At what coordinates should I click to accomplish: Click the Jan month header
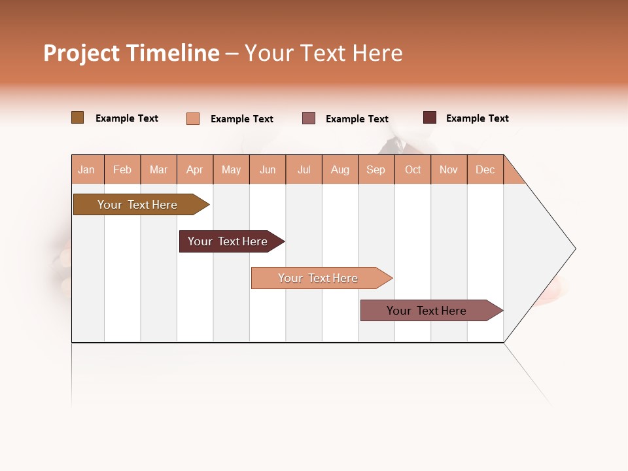point(87,169)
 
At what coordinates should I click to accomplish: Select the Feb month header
point(122,169)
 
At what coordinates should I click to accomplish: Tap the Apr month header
point(195,169)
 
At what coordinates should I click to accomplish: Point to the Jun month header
point(268,169)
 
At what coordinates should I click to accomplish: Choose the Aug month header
point(340,169)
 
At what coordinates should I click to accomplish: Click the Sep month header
point(376,169)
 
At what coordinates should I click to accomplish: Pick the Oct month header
point(413,169)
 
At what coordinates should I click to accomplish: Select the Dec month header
point(485,169)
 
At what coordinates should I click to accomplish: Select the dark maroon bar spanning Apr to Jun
point(229,241)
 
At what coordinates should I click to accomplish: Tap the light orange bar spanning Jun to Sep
point(319,278)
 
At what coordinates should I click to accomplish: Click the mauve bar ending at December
point(428,311)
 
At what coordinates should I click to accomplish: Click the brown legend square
point(78,118)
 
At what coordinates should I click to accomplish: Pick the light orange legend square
point(193,118)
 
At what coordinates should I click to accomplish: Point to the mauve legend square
point(309,118)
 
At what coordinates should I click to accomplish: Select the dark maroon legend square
point(430,118)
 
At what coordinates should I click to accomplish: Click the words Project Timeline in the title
point(131,53)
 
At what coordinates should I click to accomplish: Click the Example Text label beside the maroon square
point(477,118)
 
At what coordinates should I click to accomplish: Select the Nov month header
point(449,169)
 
